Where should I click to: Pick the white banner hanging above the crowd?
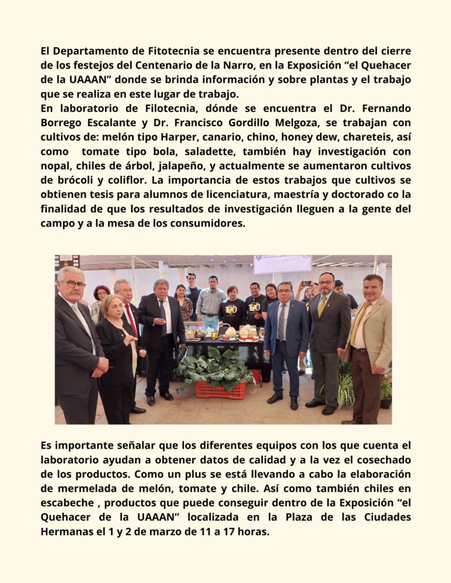(x=282, y=264)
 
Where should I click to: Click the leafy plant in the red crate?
(x=214, y=367)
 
